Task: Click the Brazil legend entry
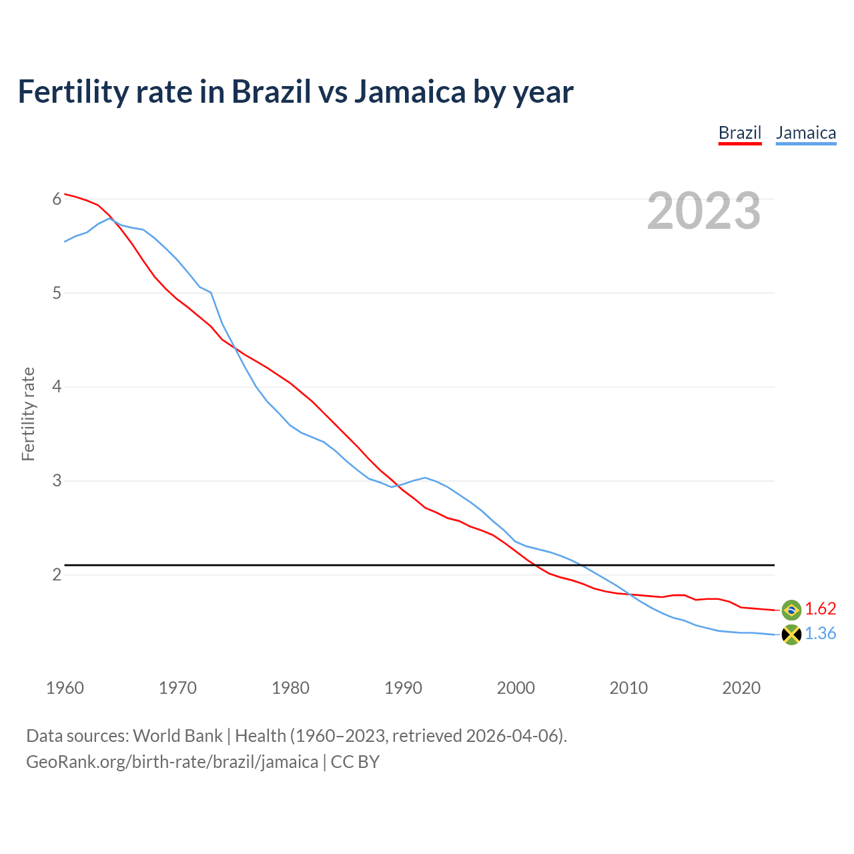point(739,133)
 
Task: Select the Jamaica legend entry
point(805,133)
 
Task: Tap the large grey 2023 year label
point(704,211)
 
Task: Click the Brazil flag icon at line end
point(791,609)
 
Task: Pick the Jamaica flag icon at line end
point(791,634)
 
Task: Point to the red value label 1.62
point(820,609)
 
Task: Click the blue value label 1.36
point(820,634)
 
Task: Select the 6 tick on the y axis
point(57,199)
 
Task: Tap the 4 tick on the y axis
point(57,387)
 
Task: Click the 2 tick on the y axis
point(57,574)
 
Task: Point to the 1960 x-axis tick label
point(65,688)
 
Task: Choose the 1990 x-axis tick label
point(403,688)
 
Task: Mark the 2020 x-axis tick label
point(741,688)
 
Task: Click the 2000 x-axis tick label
point(516,688)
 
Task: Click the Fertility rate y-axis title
point(28,414)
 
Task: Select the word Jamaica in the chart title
point(410,92)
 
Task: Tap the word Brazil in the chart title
point(271,92)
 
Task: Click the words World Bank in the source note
point(177,736)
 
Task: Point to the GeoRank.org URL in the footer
point(172,762)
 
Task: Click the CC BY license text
point(355,762)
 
